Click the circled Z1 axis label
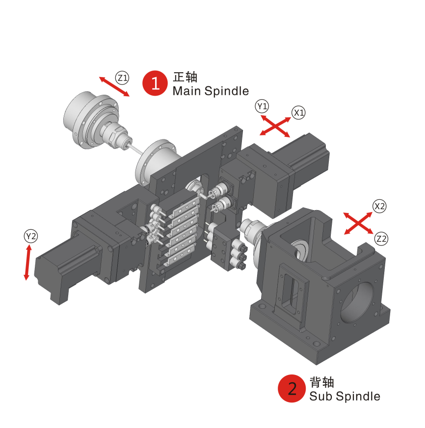(x=122, y=78)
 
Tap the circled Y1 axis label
(x=262, y=106)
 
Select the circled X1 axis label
(x=298, y=112)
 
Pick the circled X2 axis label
(x=379, y=206)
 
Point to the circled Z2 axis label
(x=381, y=239)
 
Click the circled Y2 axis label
(x=31, y=236)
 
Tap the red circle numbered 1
(x=155, y=83)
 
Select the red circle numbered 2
(x=292, y=388)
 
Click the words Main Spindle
(x=211, y=91)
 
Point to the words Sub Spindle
(x=345, y=396)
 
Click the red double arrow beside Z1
(x=114, y=86)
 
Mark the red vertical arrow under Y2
(x=27, y=263)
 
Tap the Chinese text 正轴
(x=185, y=77)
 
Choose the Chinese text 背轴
(x=322, y=382)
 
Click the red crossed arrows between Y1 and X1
(x=275, y=126)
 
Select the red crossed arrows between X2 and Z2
(x=358, y=223)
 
